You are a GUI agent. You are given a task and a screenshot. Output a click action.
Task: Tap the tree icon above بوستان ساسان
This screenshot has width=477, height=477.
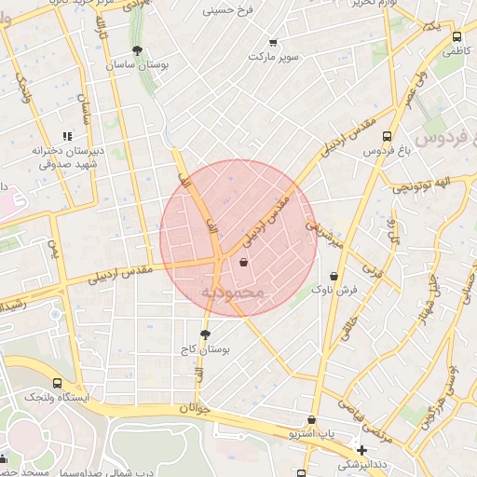coord(138,50)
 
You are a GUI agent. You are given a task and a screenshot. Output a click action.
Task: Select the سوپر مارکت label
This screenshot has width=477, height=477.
coord(274,57)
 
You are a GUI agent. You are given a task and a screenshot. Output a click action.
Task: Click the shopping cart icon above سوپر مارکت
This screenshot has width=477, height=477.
coord(273,41)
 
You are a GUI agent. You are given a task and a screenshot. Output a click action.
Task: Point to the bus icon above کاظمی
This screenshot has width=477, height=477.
coord(456,37)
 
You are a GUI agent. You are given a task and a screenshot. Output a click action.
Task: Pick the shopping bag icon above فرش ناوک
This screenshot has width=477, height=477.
coord(334,276)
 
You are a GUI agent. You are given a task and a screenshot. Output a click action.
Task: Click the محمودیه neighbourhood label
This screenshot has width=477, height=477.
coord(233,293)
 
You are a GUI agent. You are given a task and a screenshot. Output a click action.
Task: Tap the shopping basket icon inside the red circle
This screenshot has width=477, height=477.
coord(244,263)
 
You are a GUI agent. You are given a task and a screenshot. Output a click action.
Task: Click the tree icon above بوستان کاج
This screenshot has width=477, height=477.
coord(205,334)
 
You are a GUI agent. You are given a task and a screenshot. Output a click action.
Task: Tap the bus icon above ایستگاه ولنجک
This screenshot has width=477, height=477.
coord(58,382)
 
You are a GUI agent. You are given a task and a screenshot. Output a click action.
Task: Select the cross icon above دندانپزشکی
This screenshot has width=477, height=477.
coord(361,451)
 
